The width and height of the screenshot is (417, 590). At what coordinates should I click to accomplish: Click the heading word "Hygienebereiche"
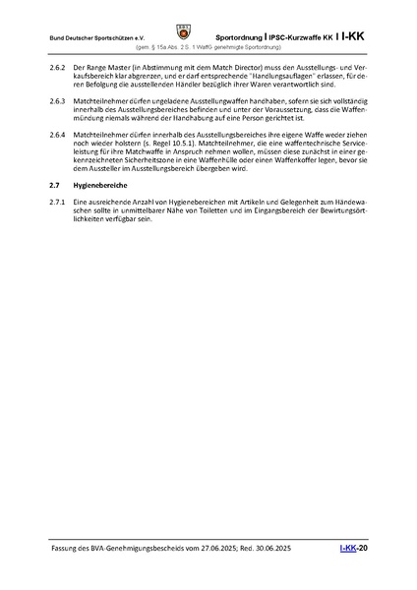(x=102, y=184)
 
